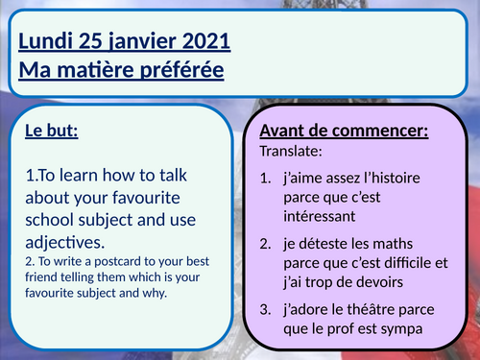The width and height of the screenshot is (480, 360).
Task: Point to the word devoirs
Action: tap(365, 278)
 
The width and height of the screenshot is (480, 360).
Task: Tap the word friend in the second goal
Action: tap(43, 276)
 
